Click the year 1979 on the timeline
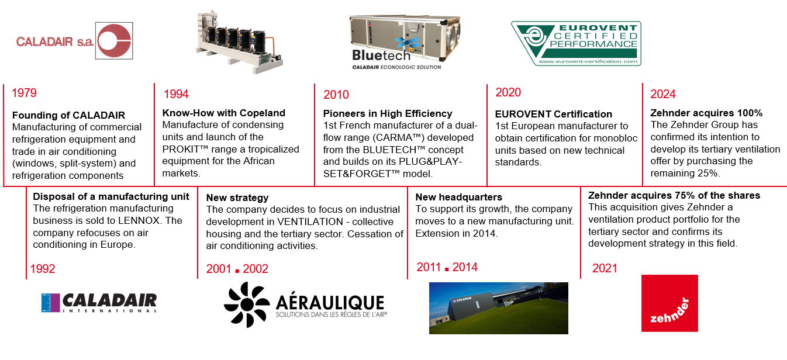[x=24, y=93]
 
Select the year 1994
[x=176, y=94]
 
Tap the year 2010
[x=336, y=95]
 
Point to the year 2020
[x=508, y=92]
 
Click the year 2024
[x=663, y=94]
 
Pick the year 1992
[x=43, y=269]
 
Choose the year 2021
[x=605, y=268]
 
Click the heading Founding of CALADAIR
[x=68, y=115]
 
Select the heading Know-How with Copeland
[x=224, y=113]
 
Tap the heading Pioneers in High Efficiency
[x=388, y=114]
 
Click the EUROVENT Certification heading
[x=553, y=114]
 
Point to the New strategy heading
[x=237, y=198]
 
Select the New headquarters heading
[x=458, y=197]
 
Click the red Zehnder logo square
[x=669, y=303]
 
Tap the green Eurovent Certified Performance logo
[x=576, y=43]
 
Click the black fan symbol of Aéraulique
[x=247, y=304]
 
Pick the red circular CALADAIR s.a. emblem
[x=114, y=41]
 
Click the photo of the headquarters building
[x=499, y=308]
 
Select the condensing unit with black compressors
[x=239, y=42]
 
